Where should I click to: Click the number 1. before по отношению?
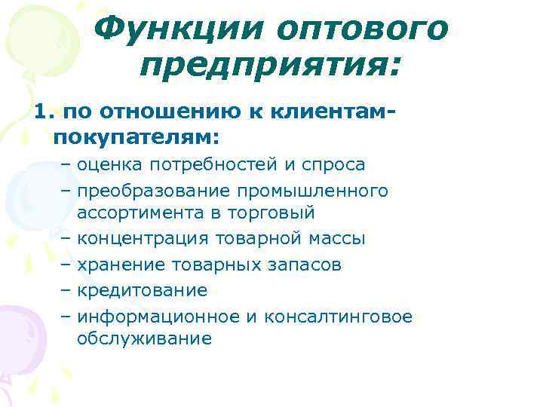[44, 112]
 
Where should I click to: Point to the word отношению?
[157, 112]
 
